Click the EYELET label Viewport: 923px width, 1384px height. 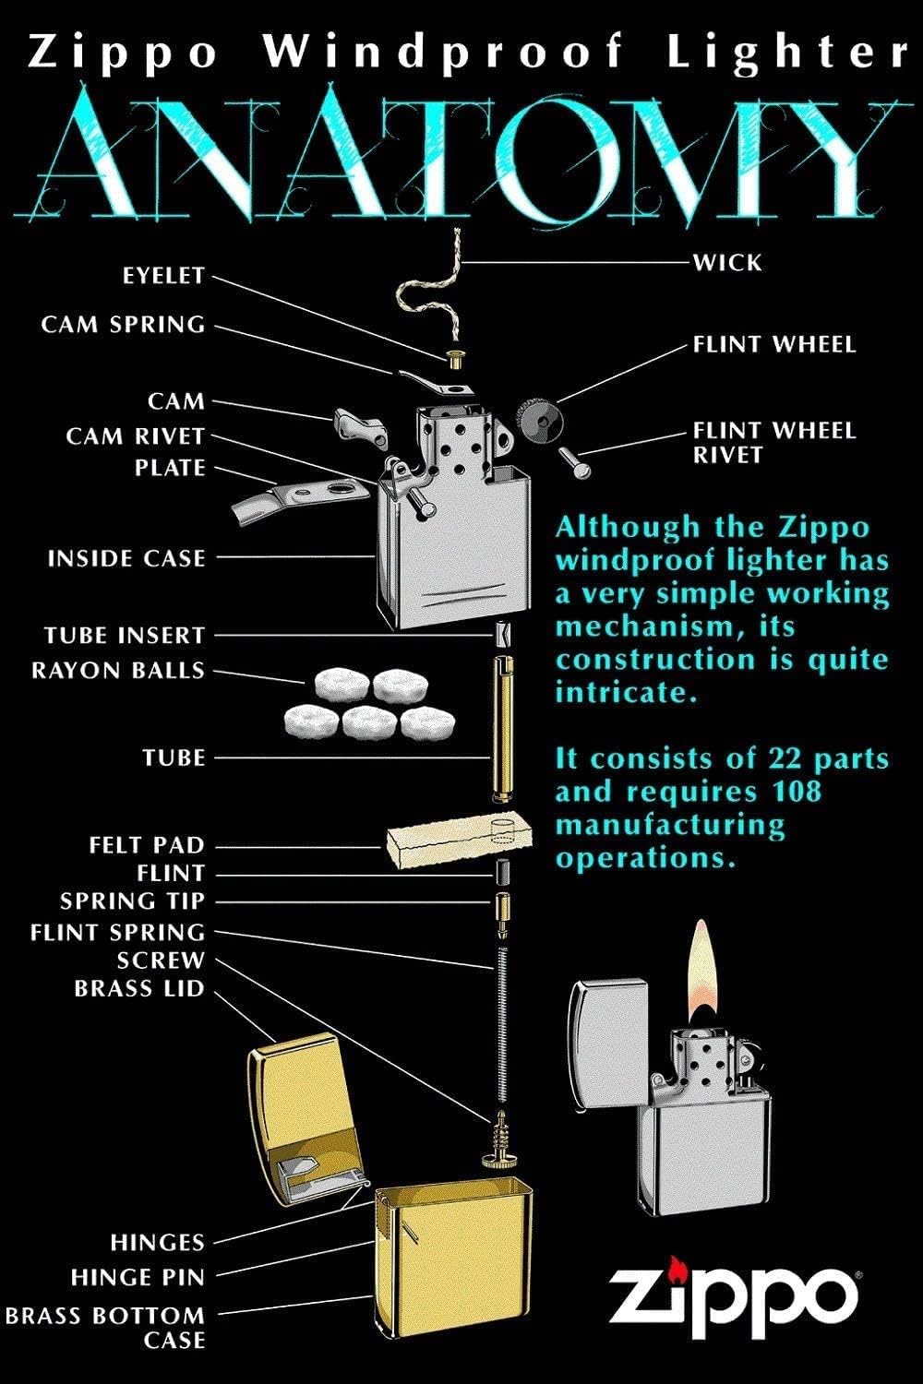(163, 276)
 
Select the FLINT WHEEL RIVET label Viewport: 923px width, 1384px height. (774, 442)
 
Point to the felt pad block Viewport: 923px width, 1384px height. (459, 841)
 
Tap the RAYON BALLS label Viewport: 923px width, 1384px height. (118, 670)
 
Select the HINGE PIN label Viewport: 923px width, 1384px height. (138, 1278)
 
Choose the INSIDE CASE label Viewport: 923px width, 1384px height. (126, 558)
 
